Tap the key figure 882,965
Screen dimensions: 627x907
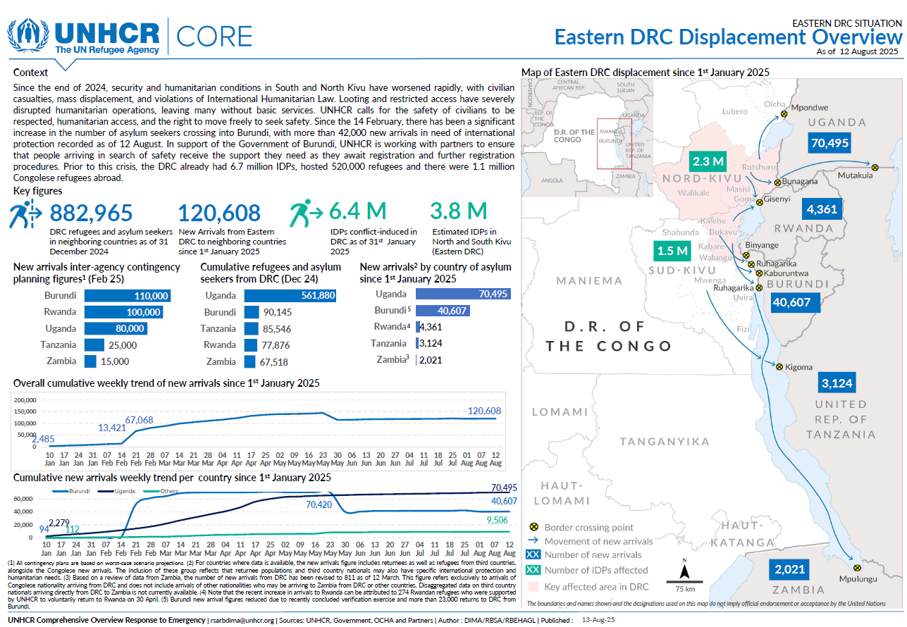[92, 212]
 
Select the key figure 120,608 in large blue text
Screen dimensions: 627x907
[219, 212]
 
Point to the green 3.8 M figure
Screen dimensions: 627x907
[459, 211]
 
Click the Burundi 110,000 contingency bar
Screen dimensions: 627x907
[128, 296]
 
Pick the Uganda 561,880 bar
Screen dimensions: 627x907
[290, 296]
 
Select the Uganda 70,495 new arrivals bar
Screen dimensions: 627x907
[463, 294]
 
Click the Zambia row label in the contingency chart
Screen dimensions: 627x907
[61, 361]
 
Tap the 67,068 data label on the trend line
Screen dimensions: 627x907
[140, 420]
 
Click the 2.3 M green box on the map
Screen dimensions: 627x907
[708, 161]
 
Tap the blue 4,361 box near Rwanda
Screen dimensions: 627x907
[822, 209]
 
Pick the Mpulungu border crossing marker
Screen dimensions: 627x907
[857, 567]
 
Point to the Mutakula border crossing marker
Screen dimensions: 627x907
[875, 167]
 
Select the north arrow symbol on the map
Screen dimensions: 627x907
[683, 570]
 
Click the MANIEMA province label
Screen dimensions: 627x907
[589, 281]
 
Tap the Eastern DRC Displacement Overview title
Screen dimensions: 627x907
[727, 37]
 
